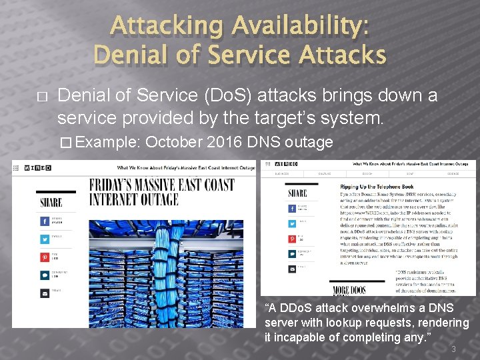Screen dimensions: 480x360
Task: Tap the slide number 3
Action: [453, 349]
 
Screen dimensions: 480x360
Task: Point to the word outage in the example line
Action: [309, 141]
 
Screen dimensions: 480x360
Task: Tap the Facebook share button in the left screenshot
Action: [45, 220]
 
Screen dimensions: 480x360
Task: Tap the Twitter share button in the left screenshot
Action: [45, 237]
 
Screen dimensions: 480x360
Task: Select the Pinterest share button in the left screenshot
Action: [45, 256]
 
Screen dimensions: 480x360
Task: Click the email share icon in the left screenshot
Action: [45, 292]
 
